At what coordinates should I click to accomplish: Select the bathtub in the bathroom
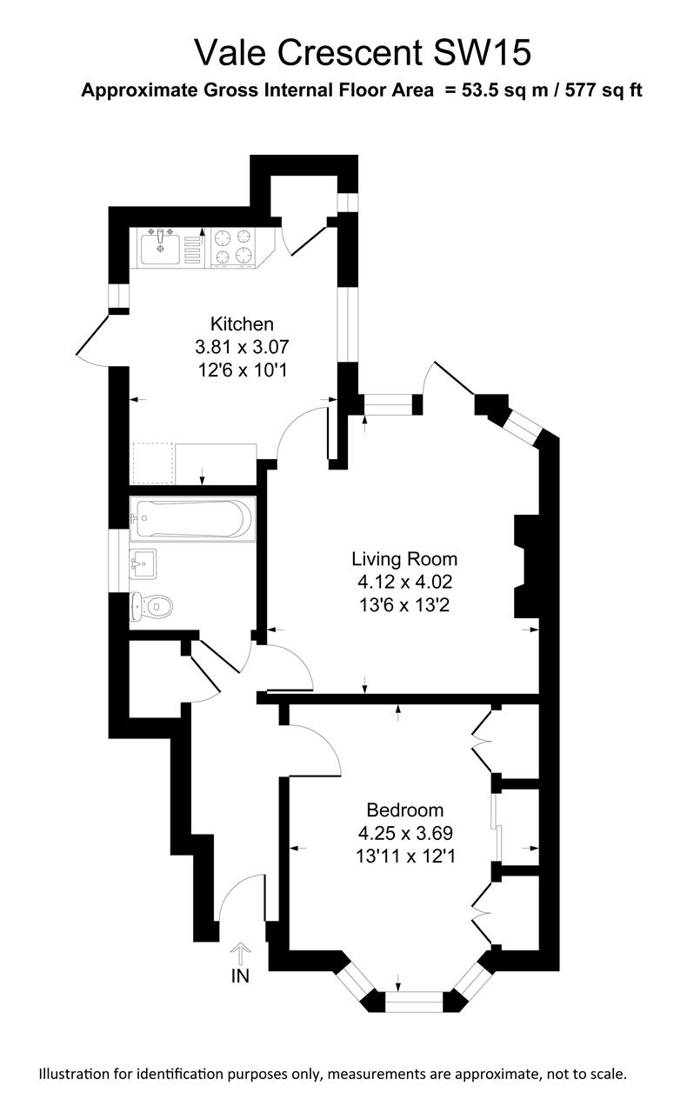click(191, 520)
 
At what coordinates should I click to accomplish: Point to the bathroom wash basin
click(144, 563)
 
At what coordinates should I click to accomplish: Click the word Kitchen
click(242, 324)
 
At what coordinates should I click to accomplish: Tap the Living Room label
click(404, 559)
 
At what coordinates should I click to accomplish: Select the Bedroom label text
click(404, 810)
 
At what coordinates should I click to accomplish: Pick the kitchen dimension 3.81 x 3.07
click(242, 347)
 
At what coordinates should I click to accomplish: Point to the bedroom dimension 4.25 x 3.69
click(404, 833)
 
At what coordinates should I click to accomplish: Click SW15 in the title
click(483, 53)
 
